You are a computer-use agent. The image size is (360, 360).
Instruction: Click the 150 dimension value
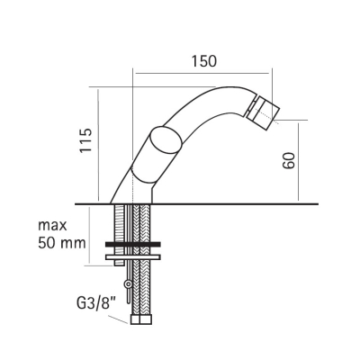(x=204, y=61)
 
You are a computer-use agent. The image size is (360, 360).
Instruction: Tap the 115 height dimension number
(x=85, y=140)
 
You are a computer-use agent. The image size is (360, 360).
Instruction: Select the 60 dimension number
(x=289, y=160)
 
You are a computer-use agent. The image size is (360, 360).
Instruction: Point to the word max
(x=52, y=226)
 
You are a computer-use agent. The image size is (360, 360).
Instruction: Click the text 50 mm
(x=62, y=243)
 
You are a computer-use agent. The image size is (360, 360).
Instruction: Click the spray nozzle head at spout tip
(x=264, y=112)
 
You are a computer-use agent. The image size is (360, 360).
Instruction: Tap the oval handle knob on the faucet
(x=166, y=141)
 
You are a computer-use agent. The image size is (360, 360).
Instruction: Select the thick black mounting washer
(x=133, y=245)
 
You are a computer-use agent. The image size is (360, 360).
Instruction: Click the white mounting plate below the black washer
(x=133, y=257)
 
